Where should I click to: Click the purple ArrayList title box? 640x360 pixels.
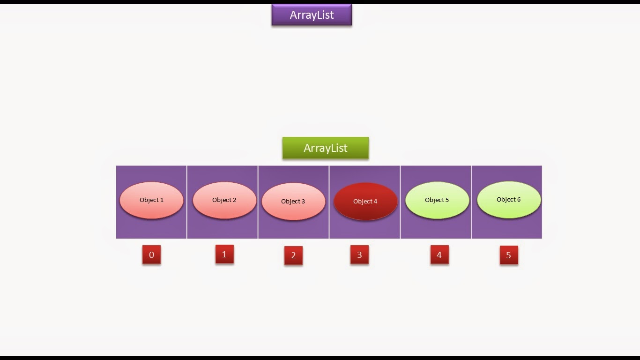[312, 15]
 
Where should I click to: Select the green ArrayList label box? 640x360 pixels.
[326, 148]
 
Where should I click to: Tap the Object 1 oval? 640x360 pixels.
[151, 200]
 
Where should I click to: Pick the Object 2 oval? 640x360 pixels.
[224, 200]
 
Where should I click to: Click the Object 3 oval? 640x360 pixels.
[293, 202]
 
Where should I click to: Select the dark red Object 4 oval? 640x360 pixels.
[365, 202]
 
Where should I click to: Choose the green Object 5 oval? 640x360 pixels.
[437, 200]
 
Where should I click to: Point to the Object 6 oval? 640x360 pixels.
[509, 200]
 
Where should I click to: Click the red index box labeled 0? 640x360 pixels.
[151, 255]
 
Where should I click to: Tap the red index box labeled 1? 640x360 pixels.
[224, 254]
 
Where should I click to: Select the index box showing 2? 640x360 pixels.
[293, 255]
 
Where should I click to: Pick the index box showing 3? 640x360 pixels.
[359, 255]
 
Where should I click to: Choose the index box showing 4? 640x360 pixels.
[439, 255]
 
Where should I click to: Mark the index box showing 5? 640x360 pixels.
[509, 255]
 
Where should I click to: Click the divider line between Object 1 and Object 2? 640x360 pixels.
[187, 202]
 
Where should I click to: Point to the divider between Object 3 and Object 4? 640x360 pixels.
[329, 202]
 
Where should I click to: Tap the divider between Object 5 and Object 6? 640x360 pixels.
[471, 202]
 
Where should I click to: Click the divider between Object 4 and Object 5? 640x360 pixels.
[400, 202]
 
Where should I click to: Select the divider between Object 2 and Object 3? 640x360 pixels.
[258, 202]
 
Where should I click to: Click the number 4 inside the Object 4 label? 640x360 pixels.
[375, 202]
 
